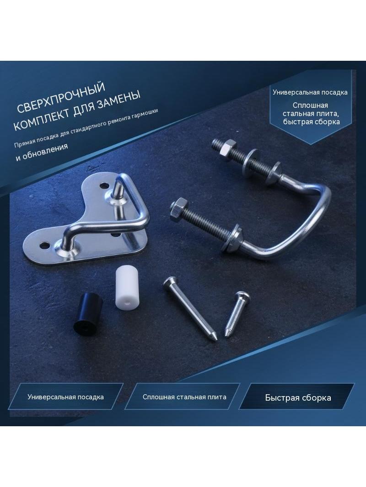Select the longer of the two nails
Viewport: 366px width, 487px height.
190,309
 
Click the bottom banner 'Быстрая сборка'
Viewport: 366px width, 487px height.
297,397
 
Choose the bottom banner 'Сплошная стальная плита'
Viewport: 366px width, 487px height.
184,397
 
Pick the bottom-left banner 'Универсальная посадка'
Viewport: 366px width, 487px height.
65,397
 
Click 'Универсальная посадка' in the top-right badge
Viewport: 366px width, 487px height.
310,92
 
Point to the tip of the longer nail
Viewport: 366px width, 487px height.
214,340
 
